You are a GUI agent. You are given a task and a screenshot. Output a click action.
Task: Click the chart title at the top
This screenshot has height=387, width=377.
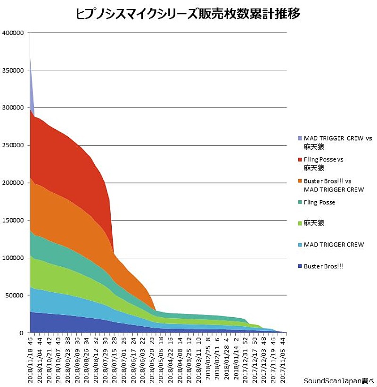click(188, 14)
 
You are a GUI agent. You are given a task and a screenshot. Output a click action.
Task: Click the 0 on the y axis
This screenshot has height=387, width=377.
click(21, 333)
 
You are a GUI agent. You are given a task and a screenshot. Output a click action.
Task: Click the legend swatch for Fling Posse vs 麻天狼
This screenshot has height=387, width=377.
click(300, 160)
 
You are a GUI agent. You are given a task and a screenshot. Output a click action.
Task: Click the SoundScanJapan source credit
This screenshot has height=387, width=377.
click(338, 380)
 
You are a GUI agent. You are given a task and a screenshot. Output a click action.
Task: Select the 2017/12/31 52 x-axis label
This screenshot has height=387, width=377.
click(245, 358)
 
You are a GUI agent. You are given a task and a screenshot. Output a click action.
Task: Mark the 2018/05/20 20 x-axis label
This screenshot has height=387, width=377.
click(152, 358)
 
